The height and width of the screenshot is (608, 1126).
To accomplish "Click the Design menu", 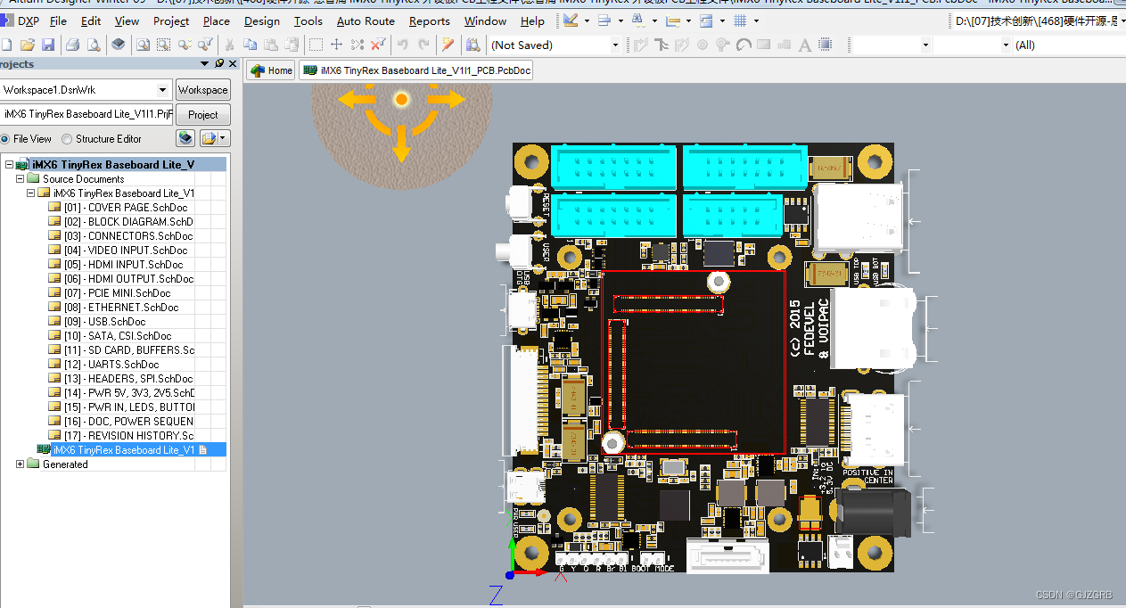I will [x=261, y=21].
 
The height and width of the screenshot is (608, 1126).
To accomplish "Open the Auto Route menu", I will [x=366, y=21].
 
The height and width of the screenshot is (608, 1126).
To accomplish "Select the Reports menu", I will [x=429, y=21].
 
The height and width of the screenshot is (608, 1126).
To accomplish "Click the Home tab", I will [x=272, y=70].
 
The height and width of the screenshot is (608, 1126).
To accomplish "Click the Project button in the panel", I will [x=202, y=115].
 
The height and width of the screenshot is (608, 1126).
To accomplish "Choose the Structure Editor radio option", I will [x=68, y=139].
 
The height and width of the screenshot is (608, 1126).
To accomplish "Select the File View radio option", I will [x=5, y=139].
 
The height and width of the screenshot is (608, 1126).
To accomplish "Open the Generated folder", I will [x=65, y=464].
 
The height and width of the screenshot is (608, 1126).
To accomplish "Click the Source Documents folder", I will [x=83, y=179].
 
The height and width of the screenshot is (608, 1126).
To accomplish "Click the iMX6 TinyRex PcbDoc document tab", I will [x=416, y=70].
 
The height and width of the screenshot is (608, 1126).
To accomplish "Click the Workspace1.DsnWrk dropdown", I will [x=86, y=90].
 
